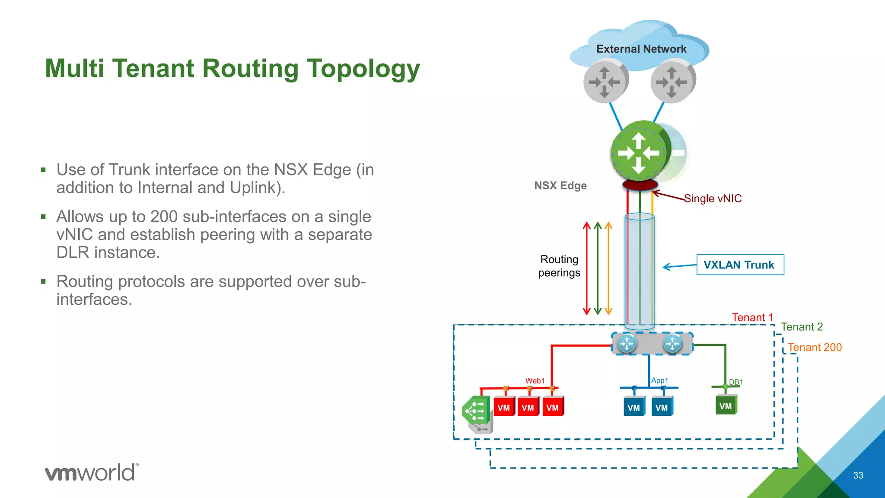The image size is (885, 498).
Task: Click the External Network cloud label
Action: tap(641, 49)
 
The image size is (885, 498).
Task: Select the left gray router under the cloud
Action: tap(605, 81)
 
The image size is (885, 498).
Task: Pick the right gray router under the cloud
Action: tap(672, 81)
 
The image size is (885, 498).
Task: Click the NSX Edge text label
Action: tap(560, 185)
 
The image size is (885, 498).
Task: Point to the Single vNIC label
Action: tap(713, 198)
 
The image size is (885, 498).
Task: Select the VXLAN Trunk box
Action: tap(740, 265)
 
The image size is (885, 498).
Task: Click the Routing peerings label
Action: tap(559, 266)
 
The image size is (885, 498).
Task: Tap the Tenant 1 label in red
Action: tap(752, 317)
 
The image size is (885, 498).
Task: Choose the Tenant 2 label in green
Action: tap(802, 327)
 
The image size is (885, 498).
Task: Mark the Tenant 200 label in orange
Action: tap(815, 347)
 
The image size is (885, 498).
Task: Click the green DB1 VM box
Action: tap(726, 405)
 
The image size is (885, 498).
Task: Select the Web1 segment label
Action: tap(535, 381)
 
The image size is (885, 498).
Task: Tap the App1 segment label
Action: tap(659, 380)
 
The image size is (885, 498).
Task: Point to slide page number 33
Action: tap(858, 475)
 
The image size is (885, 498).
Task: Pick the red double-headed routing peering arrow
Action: tap(586, 268)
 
